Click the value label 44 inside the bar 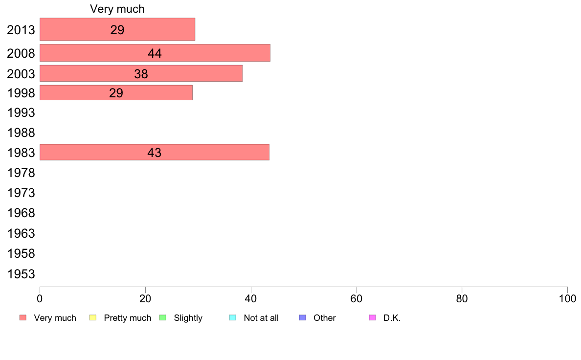155,54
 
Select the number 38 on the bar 141,74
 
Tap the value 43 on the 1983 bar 154,153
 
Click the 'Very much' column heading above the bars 117,9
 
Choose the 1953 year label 21,274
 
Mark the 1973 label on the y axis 21,193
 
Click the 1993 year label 21,113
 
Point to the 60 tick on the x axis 357,298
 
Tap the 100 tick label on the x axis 567,298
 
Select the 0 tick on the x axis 40,298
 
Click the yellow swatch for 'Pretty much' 93,318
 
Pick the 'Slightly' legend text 188,318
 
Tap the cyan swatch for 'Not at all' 232,318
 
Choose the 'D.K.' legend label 392,318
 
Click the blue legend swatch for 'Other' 302,318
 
